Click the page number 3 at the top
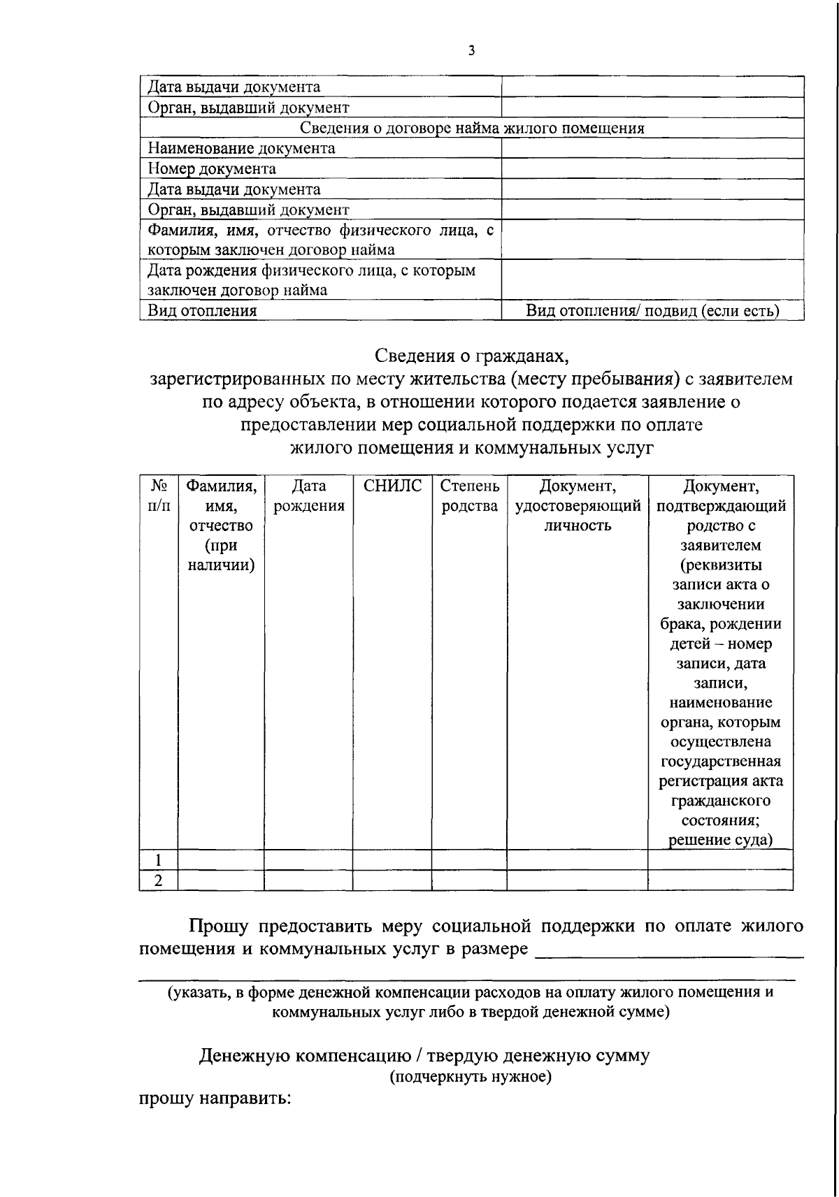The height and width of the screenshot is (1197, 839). [472, 50]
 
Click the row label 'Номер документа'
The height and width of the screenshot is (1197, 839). [212, 168]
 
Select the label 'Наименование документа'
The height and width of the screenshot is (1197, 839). [241, 148]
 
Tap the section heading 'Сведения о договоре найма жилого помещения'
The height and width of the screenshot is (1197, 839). [472, 128]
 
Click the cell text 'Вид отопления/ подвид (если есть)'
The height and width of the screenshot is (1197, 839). [652, 310]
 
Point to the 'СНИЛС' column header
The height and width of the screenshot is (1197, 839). [392, 486]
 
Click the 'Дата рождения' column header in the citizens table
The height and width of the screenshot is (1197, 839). [308, 495]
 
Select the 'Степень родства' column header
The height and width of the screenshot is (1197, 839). [469, 495]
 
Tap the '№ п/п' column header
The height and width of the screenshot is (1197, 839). [159, 495]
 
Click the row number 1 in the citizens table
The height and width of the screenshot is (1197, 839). [159, 860]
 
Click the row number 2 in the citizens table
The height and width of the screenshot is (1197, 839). [159, 880]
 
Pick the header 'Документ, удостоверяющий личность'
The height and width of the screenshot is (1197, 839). [578, 505]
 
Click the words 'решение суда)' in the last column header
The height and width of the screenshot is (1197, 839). [721, 840]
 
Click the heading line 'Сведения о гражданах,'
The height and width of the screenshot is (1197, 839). [472, 356]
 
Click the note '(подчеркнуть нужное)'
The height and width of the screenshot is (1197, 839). [471, 1077]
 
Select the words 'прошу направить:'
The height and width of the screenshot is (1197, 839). [213, 1098]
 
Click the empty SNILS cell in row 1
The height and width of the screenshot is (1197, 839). [392, 860]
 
